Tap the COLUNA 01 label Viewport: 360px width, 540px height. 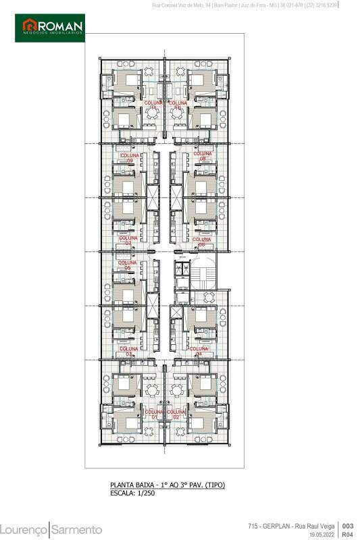(154, 414)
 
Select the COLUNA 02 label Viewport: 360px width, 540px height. (177, 414)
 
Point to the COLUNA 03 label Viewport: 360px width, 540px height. (128, 351)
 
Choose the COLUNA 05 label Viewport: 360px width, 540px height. (127, 265)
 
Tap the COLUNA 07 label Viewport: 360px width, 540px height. (128, 240)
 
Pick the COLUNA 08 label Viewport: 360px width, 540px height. (201, 156)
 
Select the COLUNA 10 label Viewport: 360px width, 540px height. (177, 105)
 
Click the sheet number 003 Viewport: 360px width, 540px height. (348, 526)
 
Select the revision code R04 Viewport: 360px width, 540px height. (348, 534)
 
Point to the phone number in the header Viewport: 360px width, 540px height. (322, 5)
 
